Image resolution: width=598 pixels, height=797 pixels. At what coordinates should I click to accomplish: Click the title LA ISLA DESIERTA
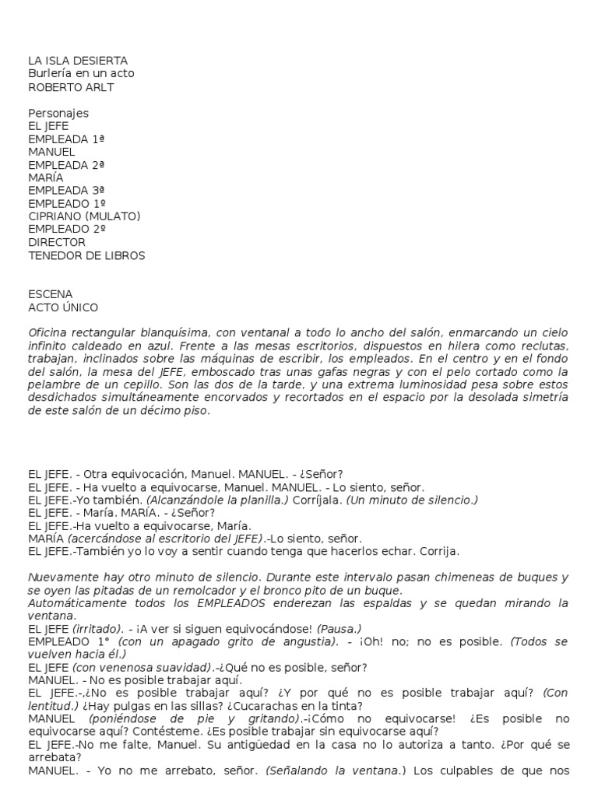click(78, 61)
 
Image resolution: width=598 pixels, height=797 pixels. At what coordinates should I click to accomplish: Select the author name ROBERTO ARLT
click(71, 87)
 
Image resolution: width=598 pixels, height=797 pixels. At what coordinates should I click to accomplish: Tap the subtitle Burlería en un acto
click(81, 74)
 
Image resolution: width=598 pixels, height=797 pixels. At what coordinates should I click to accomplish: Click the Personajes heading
click(58, 113)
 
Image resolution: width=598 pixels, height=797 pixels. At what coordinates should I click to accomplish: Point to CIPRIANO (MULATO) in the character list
click(84, 216)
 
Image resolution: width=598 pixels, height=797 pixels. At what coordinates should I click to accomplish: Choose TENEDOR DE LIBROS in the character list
click(86, 255)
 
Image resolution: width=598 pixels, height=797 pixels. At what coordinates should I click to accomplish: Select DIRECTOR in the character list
click(57, 242)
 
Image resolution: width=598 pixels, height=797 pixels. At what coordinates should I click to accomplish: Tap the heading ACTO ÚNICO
click(63, 307)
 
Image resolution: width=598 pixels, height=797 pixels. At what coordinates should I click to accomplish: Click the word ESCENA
click(50, 294)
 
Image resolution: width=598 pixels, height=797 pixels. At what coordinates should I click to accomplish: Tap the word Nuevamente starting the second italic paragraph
click(64, 578)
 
